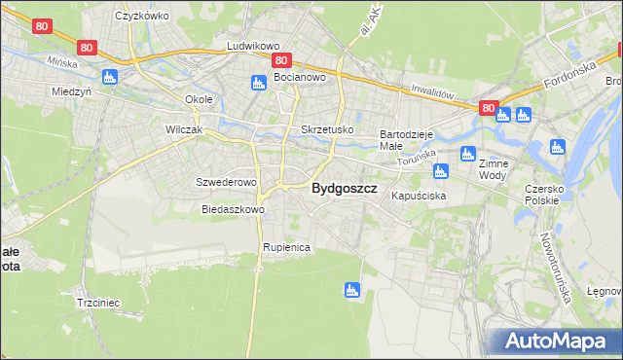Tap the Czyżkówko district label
(142, 17)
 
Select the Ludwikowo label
(253, 46)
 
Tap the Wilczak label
(184, 129)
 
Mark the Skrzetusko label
(327, 129)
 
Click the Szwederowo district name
(226, 182)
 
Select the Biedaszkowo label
(234, 209)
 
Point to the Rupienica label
(285, 248)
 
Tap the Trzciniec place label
(97, 303)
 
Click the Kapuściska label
(419, 197)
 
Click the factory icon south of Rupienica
(351, 289)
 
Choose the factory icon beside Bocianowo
(258, 83)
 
